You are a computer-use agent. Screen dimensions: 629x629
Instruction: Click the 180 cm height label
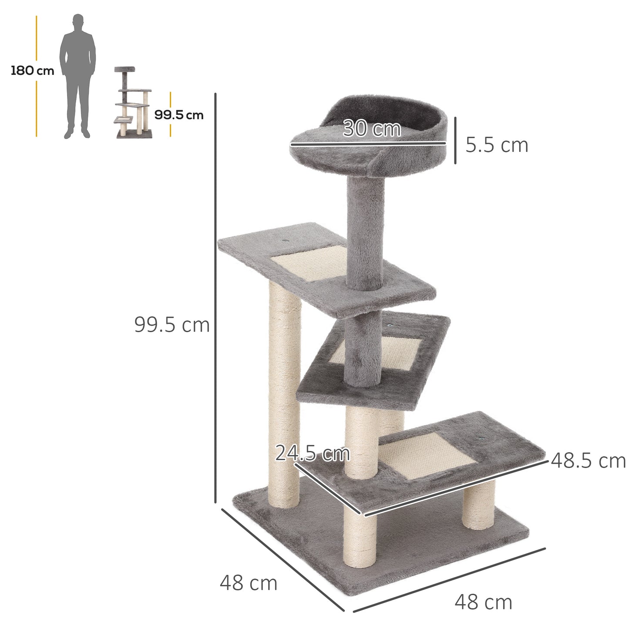(32, 71)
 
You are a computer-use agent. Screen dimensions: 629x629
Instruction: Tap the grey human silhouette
(78, 76)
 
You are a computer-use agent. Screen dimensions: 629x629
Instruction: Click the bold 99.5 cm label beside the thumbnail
(178, 115)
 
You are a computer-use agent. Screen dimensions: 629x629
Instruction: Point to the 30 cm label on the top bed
(371, 129)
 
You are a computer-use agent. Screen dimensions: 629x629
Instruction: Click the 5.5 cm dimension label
(496, 145)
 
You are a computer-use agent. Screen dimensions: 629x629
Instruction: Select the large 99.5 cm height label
(172, 325)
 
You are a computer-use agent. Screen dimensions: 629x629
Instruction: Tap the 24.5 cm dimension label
(312, 453)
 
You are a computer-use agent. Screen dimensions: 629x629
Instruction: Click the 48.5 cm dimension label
(588, 461)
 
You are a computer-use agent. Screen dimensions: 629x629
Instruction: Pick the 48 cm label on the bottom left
(248, 582)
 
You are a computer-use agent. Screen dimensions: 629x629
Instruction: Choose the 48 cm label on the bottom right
(483, 602)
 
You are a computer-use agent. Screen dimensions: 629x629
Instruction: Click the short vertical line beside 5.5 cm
(455, 140)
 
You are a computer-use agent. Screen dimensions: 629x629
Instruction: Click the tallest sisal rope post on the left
(285, 392)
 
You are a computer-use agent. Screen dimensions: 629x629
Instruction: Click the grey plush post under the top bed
(366, 231)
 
